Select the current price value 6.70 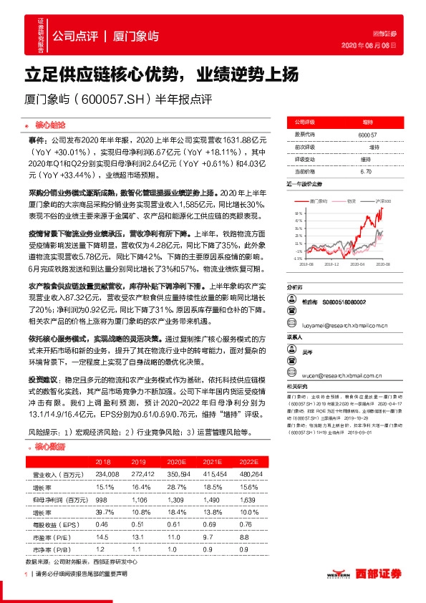[x=366, y=171]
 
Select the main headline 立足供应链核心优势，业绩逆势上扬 [x=158, y=73]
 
